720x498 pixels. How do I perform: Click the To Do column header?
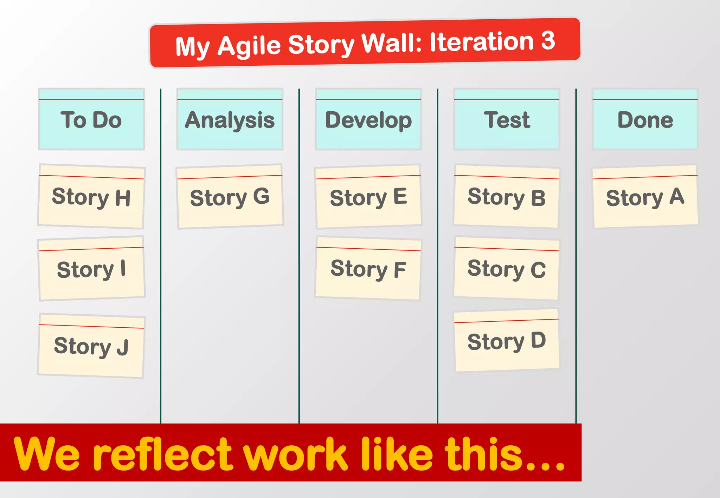click(91, 120)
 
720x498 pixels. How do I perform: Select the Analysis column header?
click(230, 120)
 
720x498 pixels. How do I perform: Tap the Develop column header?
click(368, 120)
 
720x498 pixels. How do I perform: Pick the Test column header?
click(507, 120)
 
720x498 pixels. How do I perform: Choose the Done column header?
click(645, 120)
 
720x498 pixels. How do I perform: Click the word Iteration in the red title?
click(481, 42)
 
